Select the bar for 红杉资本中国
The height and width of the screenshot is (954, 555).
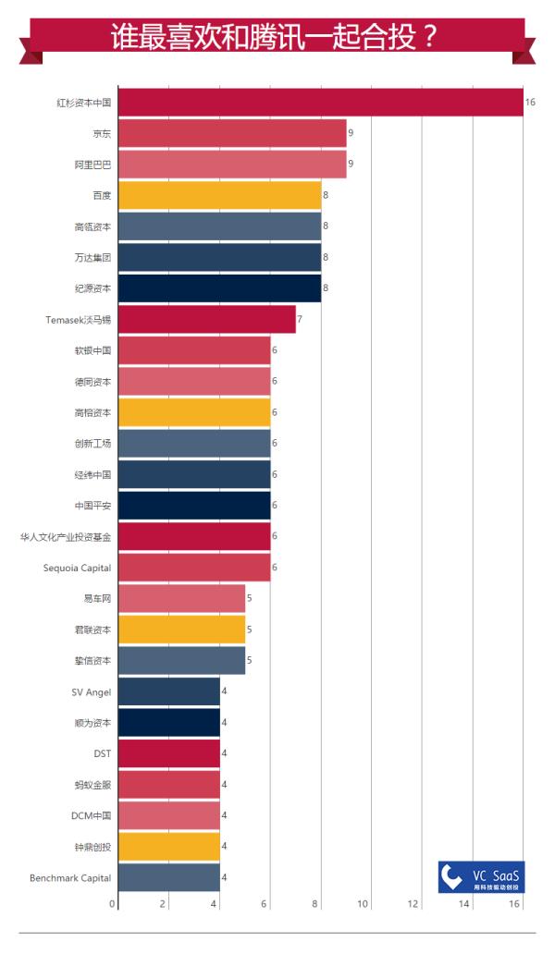click(x=320, y=102)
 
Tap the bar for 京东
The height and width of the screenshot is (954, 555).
click(x=232, y=134)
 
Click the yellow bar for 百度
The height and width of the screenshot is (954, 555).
click(x=219, y=195)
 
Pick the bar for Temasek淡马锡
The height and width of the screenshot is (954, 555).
click(x=206, y=319)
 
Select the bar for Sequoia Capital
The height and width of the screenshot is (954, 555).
click(x=194, y=568)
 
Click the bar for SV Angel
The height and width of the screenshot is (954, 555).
click(x=169, y=691)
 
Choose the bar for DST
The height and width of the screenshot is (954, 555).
click(x=169, y=753)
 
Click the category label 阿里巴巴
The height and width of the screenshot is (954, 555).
click(x=92, y=165)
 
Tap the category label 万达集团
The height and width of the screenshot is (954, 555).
click(x=92, y=257)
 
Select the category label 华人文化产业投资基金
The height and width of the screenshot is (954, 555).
click(x=66, y=536)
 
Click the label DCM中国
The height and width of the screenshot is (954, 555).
click(x=91, y=815)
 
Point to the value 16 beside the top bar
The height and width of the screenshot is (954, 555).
click(x=530, y=102)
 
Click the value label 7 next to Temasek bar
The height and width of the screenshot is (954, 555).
click(x=299, y=319)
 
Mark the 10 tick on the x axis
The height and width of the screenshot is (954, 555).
click(x=363, y=903)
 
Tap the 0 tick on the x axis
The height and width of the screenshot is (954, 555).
click(x=113, y=903)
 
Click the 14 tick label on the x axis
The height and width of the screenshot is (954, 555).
click(x=464, y=903)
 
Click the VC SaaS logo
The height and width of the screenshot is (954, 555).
click(x=481, y=876)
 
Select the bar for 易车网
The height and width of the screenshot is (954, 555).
click(x=181, y=598)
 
